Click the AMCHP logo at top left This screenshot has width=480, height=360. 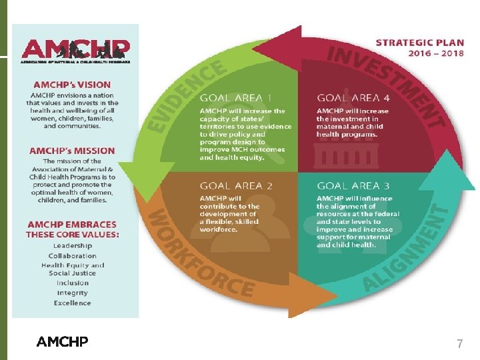pos(76,51)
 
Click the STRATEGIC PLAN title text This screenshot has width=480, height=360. pos(419,42)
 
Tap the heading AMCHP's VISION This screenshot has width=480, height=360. pos(72,85)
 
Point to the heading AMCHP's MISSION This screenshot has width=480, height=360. pos(72,151)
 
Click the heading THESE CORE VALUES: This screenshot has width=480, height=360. pos(73,235)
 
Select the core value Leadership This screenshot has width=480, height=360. pos(73,245)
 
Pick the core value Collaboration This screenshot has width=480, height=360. pos(73,255)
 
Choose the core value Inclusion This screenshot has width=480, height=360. pos(73,283)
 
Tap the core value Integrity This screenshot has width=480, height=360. pos(73,293)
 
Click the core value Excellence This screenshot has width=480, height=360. pos(73,303)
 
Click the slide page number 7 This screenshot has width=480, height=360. pos(459,344)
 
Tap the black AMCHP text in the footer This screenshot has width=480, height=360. pos(62,342)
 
